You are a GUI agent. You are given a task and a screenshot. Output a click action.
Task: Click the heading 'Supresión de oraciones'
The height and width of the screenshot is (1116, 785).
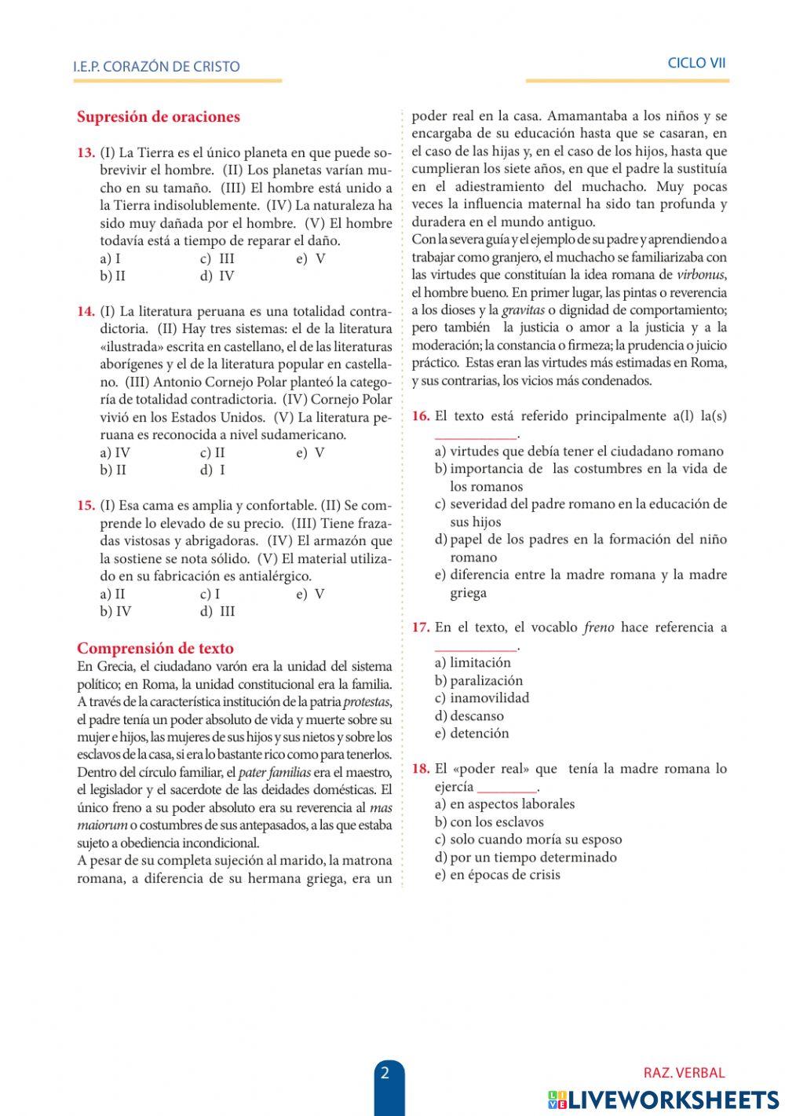pos(159,117)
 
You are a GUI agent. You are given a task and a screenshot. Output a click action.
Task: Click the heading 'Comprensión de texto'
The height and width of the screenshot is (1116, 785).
pos(155,649)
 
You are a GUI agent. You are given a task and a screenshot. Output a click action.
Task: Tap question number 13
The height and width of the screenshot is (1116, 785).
pos(86,153)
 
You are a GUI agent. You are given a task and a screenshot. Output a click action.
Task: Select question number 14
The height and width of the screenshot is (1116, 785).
pos(86,311)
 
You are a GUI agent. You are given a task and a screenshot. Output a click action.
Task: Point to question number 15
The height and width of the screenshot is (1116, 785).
pos(86,506)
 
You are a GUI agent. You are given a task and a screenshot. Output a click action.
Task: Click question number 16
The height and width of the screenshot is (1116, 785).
pos(421,416)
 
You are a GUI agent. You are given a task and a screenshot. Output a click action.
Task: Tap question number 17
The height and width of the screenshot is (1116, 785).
pos(421,628)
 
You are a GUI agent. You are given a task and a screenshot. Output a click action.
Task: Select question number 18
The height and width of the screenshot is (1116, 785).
pos(421,769)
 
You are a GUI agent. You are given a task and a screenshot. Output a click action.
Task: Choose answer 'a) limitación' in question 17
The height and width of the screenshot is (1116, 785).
pos(473,663)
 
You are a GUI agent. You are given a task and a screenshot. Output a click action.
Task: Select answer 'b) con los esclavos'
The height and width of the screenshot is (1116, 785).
pos(489,822)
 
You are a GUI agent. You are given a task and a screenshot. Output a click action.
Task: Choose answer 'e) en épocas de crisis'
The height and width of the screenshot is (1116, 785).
pos(497,875)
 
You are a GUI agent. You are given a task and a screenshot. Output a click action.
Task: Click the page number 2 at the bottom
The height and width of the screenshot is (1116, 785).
pos(385,1074)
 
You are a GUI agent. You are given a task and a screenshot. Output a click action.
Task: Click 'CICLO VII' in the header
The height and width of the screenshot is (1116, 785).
pos(696,64)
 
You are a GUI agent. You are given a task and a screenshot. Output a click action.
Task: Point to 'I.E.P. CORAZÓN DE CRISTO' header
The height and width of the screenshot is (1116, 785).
pos(156,67)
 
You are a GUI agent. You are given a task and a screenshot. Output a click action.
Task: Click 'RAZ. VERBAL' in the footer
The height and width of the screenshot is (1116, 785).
pos(684,1073)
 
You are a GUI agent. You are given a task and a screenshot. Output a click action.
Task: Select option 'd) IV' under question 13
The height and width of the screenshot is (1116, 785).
pos(217,276)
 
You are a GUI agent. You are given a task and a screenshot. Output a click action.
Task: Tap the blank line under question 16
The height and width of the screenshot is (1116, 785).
pos(476,435)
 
